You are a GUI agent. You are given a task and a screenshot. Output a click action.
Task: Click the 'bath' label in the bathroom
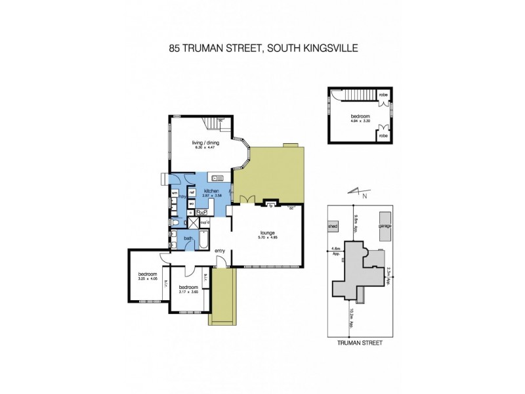pyautogui.click(x=188, y=238)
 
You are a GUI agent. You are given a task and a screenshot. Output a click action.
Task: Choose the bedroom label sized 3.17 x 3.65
pyautogui.click(x=188, y=288)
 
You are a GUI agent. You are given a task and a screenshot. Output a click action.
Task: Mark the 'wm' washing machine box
pyautogui.click(x=175, y=192)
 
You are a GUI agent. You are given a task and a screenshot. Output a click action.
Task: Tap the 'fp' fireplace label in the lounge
pyautogui.click(x=270, y=206)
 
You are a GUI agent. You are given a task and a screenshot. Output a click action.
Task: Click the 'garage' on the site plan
pyautogui.click(x=385, y=226)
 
